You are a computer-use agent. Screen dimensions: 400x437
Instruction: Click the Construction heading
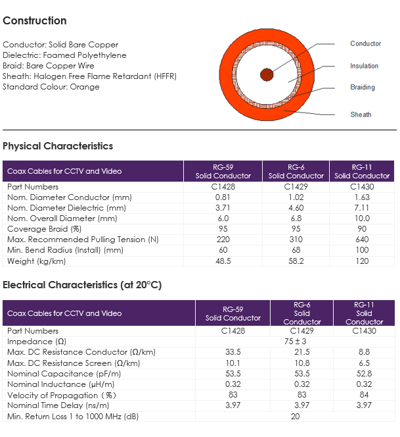click(x=35, y=20)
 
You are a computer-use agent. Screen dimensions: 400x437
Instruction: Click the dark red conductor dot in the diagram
click(x=267, y=74)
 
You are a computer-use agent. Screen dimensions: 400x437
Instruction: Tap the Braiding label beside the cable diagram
click(x=363, y=88)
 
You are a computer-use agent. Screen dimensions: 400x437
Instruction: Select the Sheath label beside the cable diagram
click(x=361, y=115)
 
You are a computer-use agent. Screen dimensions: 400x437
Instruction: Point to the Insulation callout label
click(x=364, y=66)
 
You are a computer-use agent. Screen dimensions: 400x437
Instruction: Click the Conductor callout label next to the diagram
click(x=365, y=43)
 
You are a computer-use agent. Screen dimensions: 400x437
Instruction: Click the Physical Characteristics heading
click(x=58, y=146)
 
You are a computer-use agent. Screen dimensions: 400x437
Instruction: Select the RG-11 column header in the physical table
click(x=362, y=171)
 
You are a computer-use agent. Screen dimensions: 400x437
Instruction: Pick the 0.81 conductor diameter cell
click(x=223, y=197)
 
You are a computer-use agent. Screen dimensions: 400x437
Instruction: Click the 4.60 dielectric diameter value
click(x=296, y=208)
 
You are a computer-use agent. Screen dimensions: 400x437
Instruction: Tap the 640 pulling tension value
click(x=362, y=240)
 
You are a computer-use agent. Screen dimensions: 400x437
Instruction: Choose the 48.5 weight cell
click(x=223, y=261)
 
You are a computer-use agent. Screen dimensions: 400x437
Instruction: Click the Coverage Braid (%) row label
click(x=44, y=229)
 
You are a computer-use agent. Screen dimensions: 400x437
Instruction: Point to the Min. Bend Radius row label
click(x=65, y=250)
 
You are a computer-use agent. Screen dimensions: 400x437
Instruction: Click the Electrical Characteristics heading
click(x=82, y=285)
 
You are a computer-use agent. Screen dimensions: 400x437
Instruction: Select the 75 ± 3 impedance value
click(x=295, y=342)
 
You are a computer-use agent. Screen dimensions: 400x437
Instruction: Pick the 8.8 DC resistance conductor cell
click(x=364, y=352)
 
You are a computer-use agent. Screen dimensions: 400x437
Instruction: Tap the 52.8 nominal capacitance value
click(x=364, y=374)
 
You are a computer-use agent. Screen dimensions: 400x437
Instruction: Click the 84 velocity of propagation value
click(x=364, y=395)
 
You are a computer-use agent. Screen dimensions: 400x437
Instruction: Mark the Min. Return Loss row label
click(x=73, y=417)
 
